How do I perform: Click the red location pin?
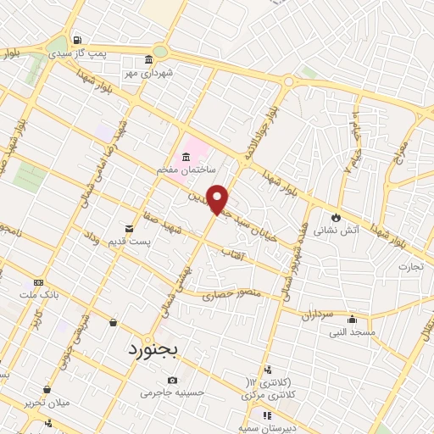219,198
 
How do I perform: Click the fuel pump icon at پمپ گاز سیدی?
78,39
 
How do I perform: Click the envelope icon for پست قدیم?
130,229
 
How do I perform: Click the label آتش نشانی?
337,229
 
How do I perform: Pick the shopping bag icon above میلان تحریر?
46,389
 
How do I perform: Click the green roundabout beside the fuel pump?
57,46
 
